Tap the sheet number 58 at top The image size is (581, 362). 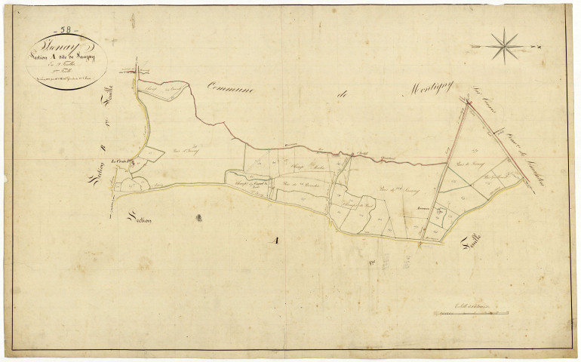tap(66, 29)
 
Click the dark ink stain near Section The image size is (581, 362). tap(199, 217)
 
